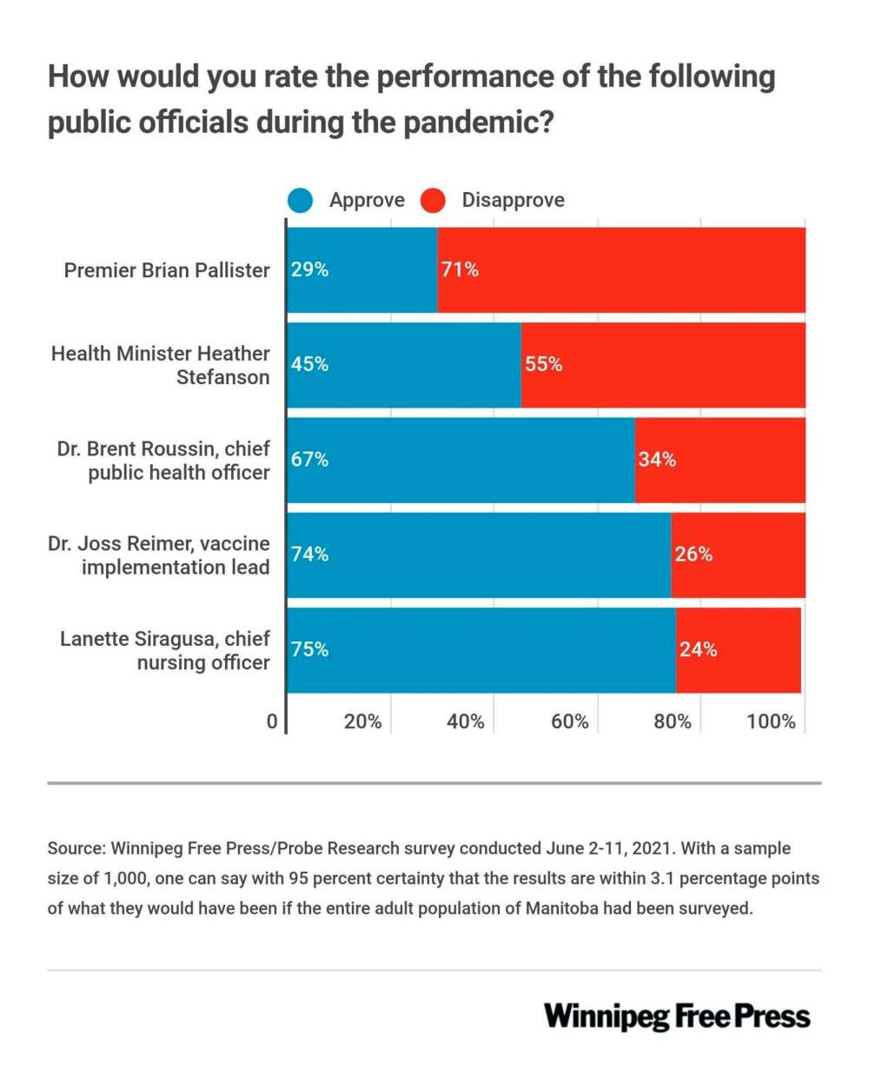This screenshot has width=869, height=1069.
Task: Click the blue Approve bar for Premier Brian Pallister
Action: click(362, 270)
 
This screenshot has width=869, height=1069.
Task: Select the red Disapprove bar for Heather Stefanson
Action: click(663, 365)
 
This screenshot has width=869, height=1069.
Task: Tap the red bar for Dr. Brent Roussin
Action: click(720, 460)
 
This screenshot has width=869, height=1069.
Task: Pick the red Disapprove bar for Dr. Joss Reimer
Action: click(738, 554)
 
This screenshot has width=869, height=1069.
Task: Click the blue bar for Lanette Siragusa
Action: click(481, 649)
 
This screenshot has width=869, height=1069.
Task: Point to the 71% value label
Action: click(460, 270)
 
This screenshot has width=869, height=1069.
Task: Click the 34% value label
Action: click(657, 460)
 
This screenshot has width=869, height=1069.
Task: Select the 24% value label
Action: click(698, 649)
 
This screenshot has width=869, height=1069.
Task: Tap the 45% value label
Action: click(310, 365)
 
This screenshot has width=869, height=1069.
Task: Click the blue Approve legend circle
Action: click(302, 201)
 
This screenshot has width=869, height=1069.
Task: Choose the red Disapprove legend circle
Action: click(433, 201)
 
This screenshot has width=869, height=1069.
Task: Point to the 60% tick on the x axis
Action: click(569, 721)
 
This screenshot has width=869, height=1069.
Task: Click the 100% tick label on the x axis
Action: click(771, 721)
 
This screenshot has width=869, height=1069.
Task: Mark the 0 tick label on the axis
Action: click(272, 721)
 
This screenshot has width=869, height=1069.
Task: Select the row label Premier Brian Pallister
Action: click(167, 270)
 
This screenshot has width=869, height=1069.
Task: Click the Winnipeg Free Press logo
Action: click(677, 1016)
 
